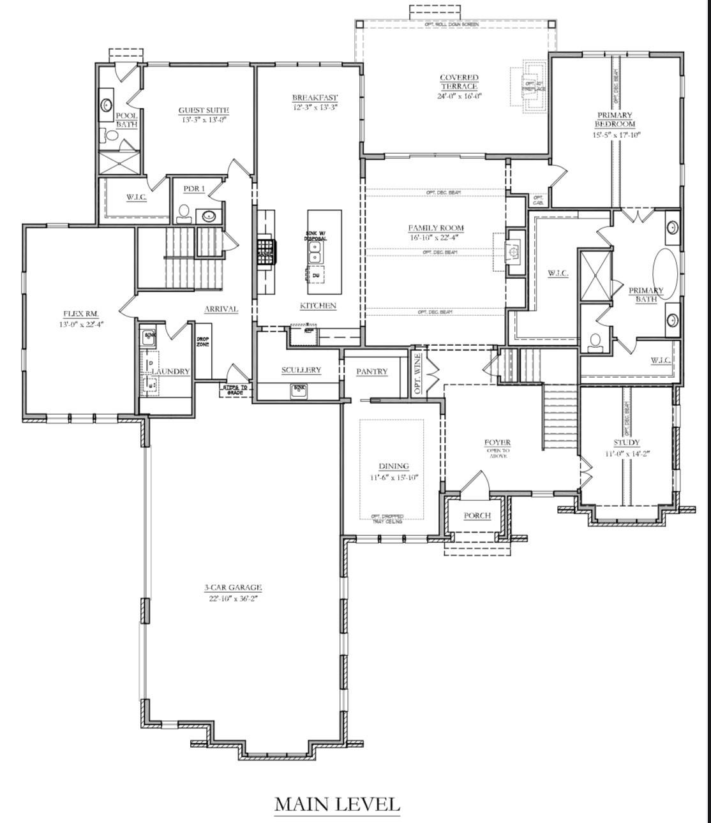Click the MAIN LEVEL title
coord(337,804)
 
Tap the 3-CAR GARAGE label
coord(233,588)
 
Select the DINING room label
coord(393,466)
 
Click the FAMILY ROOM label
coord(436,228)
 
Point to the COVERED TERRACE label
coord(458,82)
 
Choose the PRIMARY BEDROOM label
coord(615,120)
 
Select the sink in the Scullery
coord(299,389)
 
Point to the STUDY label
coord(626,442)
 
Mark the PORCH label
coord(477,515)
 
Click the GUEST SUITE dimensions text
coord(203,119)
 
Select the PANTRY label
coord(372,371)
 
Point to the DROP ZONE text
coord(202,342)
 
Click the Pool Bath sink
coord(106,105)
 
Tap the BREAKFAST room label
coord(315,98)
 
